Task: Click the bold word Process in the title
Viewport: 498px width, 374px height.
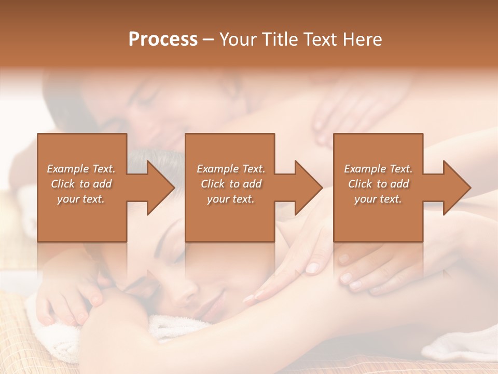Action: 163,39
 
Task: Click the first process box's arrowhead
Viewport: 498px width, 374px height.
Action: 161,188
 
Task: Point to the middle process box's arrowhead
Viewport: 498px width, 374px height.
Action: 309,188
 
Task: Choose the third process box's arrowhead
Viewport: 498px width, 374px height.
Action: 457,188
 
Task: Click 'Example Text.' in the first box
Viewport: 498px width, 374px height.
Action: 81,169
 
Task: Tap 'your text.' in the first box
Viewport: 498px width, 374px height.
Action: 81,199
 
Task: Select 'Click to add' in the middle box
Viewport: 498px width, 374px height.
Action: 231,184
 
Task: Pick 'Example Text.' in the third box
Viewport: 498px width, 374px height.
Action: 378,169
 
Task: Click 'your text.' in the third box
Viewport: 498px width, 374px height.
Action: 378,199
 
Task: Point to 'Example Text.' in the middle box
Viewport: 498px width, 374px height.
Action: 231,169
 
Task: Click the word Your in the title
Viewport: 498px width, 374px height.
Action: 237,39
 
